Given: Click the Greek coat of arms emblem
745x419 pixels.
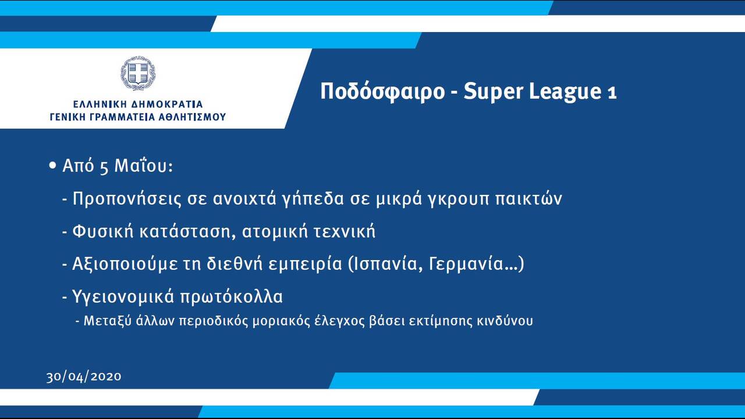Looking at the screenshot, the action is pyautogui.click(x=138, y=73).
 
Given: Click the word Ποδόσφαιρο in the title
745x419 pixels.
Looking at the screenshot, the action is pyautogui.click(x=382, y=91).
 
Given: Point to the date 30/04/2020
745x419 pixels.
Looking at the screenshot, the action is pyautogui.click(x=84, y=377).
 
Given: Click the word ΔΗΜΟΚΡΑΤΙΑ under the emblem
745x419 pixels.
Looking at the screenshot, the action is pyautogui.click(x=167, y=104).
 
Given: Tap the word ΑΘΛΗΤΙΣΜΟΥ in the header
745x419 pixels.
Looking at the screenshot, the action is pyautogui.click(x=192, y=117).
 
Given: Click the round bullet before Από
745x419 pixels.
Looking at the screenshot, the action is pyautogui.click(x=52, y=165).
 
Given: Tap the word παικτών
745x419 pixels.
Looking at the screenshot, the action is pyautogui.click(x=528, y=199).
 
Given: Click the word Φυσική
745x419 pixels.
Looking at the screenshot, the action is pyautogui.click(x=103, y=232).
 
